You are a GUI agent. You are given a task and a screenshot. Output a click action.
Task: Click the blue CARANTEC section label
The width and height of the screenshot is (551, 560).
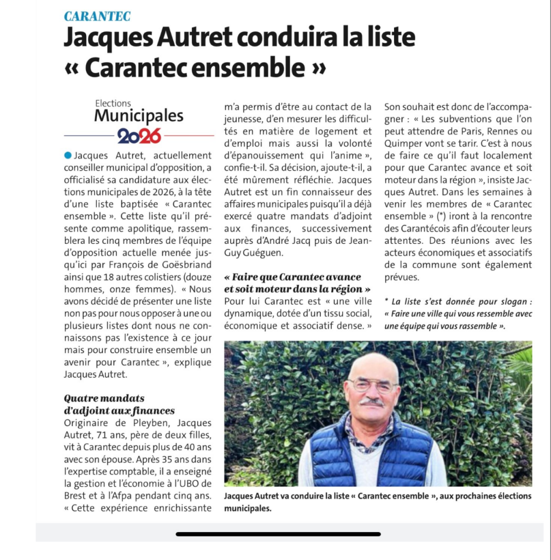(x=97, y=16)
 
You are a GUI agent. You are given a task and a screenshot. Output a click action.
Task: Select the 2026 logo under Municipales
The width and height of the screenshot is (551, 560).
(x=139, y=135)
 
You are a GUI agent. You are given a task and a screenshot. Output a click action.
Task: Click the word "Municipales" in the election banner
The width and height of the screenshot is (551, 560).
(x=139, y=116)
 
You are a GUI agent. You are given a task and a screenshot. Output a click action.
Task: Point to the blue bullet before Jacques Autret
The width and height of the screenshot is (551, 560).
(x=67, y=156)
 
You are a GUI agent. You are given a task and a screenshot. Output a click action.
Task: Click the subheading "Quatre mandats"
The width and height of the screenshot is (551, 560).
(x=104, y=398)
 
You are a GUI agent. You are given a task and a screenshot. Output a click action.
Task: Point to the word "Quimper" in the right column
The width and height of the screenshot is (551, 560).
(x=403, y=144)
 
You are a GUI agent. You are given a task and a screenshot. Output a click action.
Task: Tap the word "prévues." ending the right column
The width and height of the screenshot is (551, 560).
(x=402, y=277)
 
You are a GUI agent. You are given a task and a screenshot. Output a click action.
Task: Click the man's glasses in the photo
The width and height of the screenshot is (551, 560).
(x=373, y=386)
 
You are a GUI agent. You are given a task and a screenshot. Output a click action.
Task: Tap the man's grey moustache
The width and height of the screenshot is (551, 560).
(x=372, y=402)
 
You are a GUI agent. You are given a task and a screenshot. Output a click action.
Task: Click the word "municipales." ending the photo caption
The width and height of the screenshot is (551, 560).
(x=248, y=509)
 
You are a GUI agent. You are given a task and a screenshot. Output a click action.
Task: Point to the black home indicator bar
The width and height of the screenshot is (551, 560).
(x=278, y=534)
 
